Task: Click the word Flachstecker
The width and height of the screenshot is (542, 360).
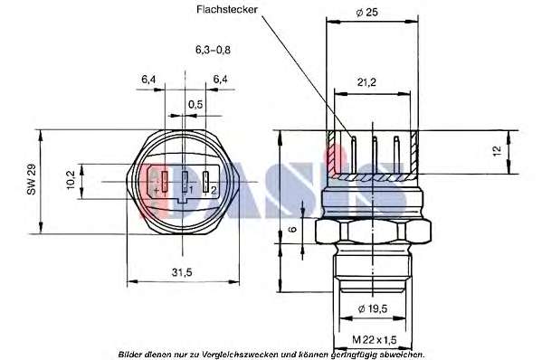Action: tap(227, 9)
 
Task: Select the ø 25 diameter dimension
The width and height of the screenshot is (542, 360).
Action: tap(366, 13)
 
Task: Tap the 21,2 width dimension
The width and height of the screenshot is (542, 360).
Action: tap(366, 82)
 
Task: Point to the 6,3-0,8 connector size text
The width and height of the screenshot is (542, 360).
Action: tap(213, 50)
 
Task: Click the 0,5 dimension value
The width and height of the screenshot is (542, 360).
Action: tap(195, 104)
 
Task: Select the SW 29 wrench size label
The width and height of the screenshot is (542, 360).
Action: tap(32, 180)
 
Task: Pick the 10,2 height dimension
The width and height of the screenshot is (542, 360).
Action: tap(71, 180)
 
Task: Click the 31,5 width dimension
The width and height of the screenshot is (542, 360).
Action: tap(182, 272)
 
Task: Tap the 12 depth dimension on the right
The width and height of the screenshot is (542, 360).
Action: tap(497, 151)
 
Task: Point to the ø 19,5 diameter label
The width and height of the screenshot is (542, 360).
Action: tap(373, 308)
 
